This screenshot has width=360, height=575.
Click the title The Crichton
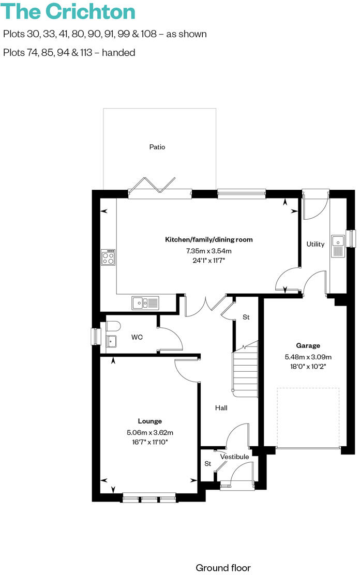[69, 11]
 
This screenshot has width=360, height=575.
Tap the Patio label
[157, 147]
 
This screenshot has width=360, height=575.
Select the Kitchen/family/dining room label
[209, 239]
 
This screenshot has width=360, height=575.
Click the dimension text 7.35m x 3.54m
[209, 251]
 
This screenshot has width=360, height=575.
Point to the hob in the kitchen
[108, 257]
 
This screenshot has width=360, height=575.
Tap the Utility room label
[315, 244]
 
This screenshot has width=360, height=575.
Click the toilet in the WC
[113, 325]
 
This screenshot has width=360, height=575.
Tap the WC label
[137, 337]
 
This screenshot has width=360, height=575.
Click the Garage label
[308, 345]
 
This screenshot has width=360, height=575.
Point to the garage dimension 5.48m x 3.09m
[308, 357]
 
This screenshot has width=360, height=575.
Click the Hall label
[221, 408]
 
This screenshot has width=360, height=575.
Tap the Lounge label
[149, 421]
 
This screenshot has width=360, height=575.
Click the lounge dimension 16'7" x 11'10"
[149, 442]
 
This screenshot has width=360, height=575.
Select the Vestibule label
[234, 457]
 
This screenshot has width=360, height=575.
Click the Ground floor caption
[223, 568]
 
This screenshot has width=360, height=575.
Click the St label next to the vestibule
[208, 463]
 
